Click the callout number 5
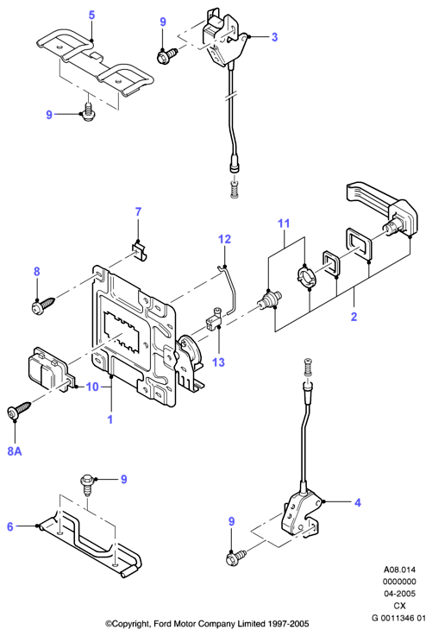pyautogui.click(x=92, y=16)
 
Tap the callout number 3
pyautogui.click(x=275, y=37)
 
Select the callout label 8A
pyautogui.click(x=15, y=451)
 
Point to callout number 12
pyautogui.click(x=224, y=239)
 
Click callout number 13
pyautogui.click(x=218, y=362)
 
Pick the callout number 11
pyautogui.click(x=284, y=224)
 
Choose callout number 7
pyautogui.click(x=138, y=211)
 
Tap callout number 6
pyautogui.click(x=10, y=527)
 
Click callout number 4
pyautogui.click(x=358, y=503)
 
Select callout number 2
pyautogui.click(x=354, y=317)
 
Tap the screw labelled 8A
pyautogui.click(x=19, y=409)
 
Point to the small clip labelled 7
pyautogui.click(x=140, y=250)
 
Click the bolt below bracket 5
pyautogui.click(x=87, y=111)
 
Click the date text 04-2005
pyautogui.click(x=399, y=594)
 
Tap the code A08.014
pyautogui.click(x=399, y=570)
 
